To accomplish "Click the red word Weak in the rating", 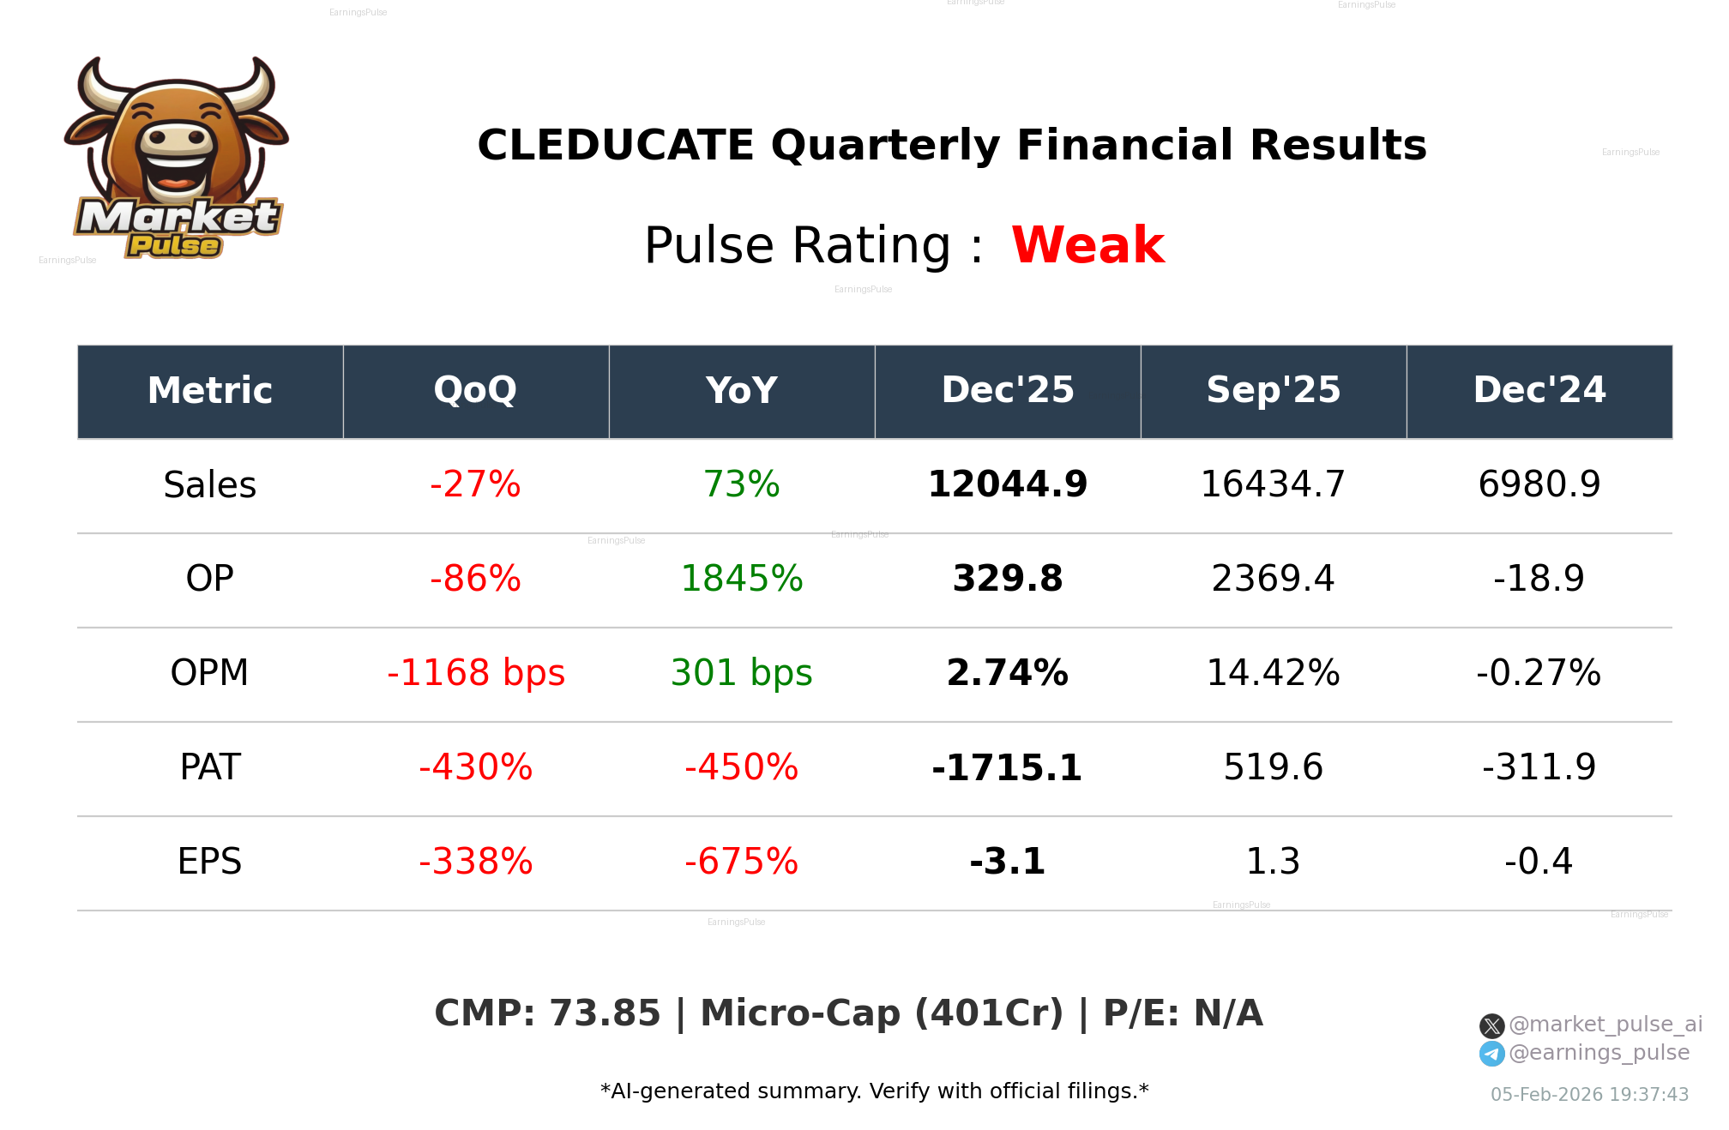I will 1087,245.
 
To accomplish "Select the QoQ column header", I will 475,391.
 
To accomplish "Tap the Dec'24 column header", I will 1539,391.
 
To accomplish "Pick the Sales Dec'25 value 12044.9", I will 1007,484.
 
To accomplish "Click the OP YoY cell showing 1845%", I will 741,579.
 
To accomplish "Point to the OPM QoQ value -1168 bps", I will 475,673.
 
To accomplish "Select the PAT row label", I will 210,767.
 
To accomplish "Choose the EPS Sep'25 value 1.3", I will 1273,862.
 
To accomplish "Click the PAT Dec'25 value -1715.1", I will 1007,767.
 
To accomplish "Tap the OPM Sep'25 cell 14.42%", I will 1273,673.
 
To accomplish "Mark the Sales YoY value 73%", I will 741,484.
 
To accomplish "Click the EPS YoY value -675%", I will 741,862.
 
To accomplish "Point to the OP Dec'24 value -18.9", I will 1539,579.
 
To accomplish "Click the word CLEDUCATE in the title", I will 615,145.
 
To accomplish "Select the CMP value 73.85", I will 605,1013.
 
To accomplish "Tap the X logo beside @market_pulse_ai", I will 1491,1025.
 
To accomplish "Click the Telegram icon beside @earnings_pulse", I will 1491,1054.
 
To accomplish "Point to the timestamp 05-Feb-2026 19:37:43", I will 1589,1095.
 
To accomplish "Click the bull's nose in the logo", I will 178,139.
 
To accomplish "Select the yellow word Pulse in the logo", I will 174,246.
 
